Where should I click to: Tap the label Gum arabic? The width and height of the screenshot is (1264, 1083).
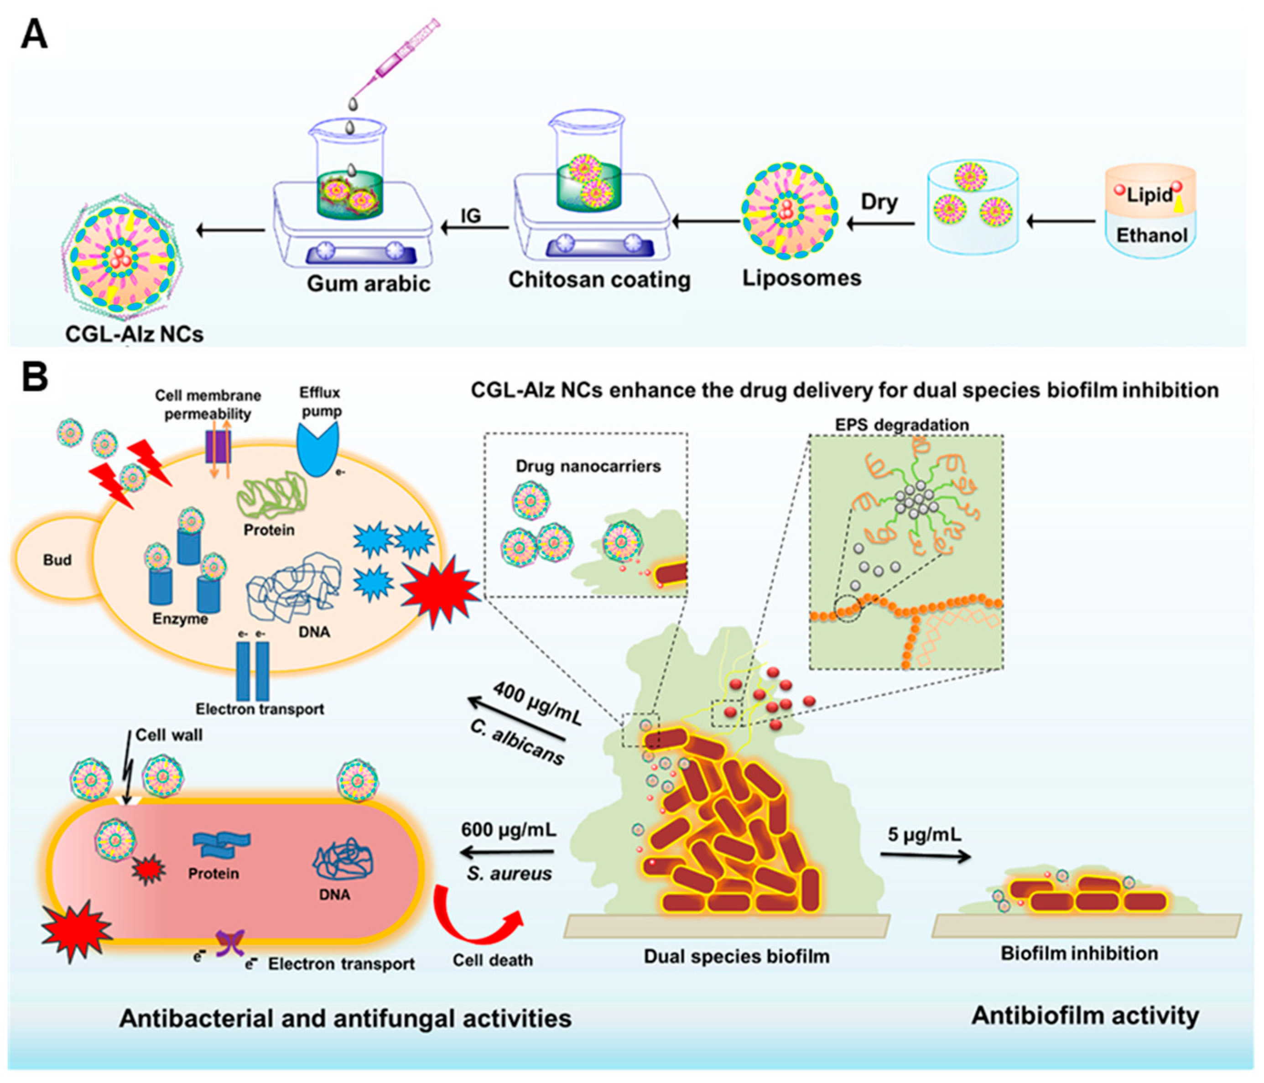369,284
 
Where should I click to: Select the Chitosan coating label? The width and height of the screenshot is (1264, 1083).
600,280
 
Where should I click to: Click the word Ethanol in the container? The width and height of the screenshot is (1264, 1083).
1152,235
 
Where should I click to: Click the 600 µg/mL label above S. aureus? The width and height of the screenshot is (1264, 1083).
508,830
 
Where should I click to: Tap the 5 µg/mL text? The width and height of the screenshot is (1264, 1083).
924,833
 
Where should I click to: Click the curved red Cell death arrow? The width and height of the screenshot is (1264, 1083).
476,918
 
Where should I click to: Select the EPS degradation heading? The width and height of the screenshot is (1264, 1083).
902,425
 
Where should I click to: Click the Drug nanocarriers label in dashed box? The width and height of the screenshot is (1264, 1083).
588,466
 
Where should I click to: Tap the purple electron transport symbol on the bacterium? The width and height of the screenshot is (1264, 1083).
230,942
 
